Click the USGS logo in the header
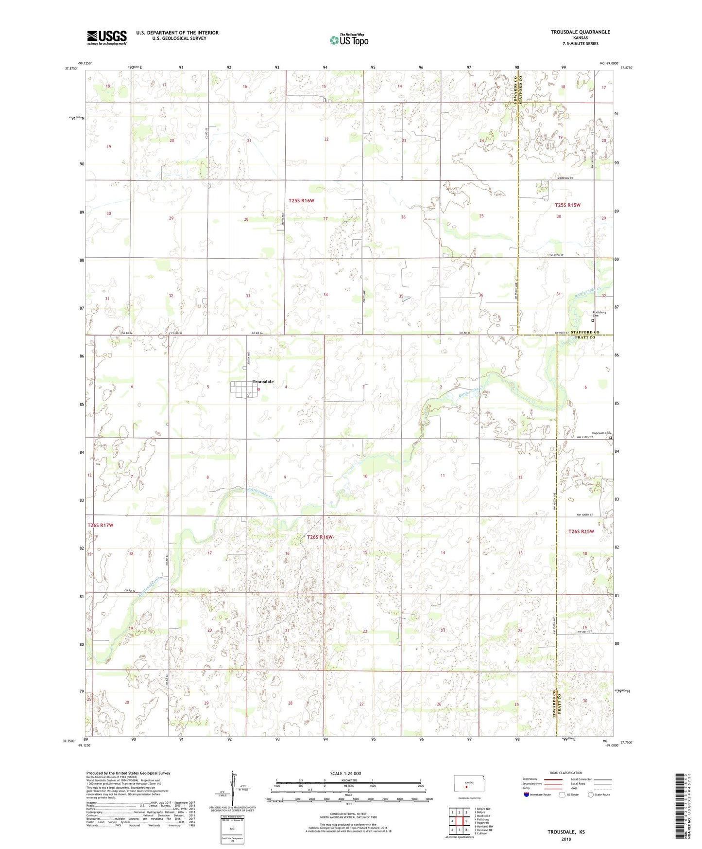[107, 37]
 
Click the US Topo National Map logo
[349, 39]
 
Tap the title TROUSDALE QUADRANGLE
[580, 32]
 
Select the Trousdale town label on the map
[263, 382]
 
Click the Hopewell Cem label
[600, 433]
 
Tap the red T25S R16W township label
[301, 200]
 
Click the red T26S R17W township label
[100, 525]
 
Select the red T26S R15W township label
[581, 531]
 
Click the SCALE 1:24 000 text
[345, 773]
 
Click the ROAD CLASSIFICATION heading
[566, 773]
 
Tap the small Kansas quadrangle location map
[466, 784]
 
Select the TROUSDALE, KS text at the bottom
[566, 832]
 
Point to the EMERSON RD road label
[565, 178]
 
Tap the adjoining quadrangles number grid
[459, 821]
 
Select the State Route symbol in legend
[591, 795]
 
